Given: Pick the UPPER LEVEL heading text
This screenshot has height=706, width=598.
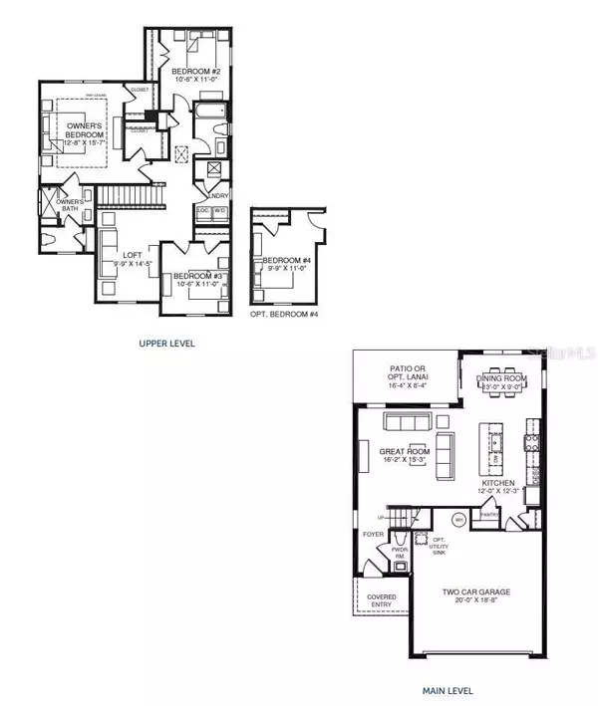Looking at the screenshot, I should click(166, 343).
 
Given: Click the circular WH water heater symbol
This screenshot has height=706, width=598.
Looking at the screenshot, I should click(460, 519).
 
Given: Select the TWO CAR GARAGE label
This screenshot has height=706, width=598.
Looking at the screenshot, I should click(478, 591).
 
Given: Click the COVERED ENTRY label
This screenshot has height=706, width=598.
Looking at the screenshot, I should click(383, 600).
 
